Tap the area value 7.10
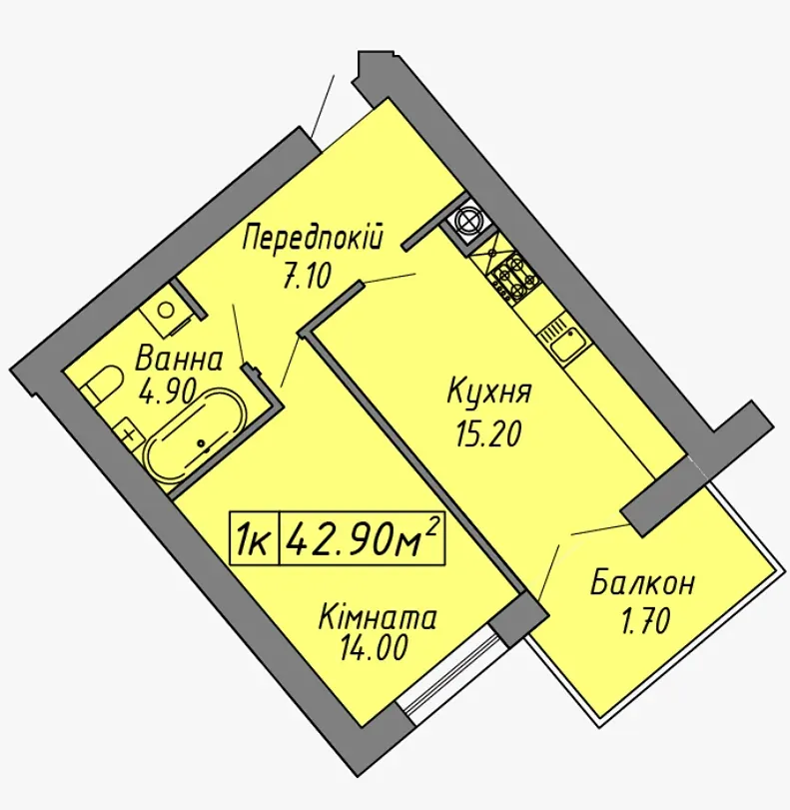tap(307, 277)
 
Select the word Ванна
tap(178, 360)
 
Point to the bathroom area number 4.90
tap(167, 392)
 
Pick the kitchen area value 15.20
tap(487, 434)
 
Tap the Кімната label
tap(379, 618)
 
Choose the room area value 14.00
tap(374, 647)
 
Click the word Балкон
tap(643, 583)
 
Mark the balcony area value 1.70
tap(645, 621)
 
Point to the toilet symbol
tap(103, 385)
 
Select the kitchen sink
tap(565, 343)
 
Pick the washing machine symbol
tap(168, 312)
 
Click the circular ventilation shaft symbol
tap(467, 221)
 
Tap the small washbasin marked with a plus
tap(129, 432)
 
